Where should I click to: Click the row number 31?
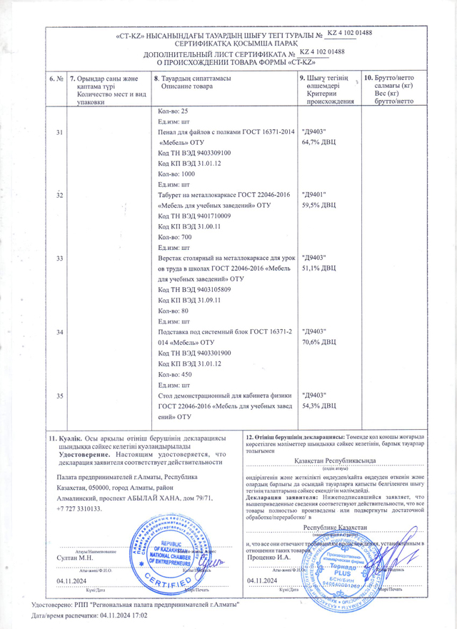point(59,132)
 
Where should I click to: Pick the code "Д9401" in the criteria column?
point(315,194)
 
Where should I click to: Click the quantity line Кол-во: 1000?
point(176,173)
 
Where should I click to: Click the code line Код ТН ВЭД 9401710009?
point(194,216)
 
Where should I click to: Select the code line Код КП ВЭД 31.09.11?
point(189,301)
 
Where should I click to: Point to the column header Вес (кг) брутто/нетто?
point(388,98)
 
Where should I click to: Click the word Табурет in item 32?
point(171,194)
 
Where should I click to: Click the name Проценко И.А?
point(269,557)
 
